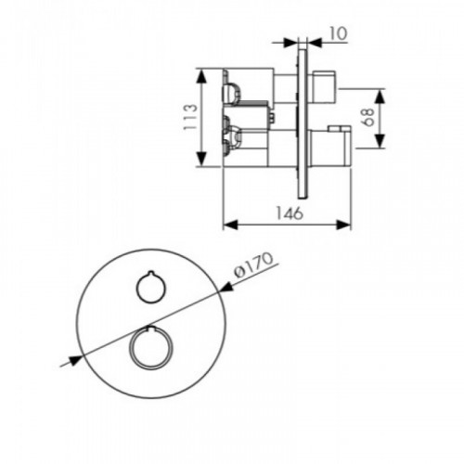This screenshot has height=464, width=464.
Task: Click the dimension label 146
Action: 290,213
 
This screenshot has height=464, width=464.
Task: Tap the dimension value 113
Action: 190,117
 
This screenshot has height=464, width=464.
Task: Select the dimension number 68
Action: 368,117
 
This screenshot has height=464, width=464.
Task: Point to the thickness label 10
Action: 337,33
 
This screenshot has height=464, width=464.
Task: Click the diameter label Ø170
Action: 253,264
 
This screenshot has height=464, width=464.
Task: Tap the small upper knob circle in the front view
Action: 151,288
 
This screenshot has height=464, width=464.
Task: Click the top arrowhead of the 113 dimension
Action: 201,76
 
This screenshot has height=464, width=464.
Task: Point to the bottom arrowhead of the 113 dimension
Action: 201,160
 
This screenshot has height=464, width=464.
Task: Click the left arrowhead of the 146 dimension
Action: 230,226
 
